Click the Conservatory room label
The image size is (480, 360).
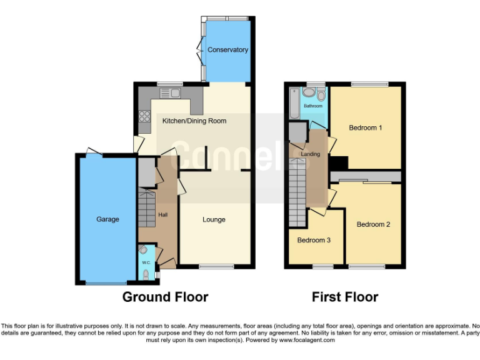click(227, 50)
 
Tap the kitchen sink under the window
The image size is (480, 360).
click(169, 93)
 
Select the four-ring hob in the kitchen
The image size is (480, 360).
click(145, 116)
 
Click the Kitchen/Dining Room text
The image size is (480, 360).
click(194, 121)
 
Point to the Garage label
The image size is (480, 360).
click(107, 219)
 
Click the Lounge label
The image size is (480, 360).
click(214, 219)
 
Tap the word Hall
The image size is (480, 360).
click(163, 215)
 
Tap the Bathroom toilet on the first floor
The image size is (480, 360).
click(321, 95)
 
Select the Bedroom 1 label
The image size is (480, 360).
click(365, 128)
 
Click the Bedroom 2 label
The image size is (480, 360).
click(373, 224)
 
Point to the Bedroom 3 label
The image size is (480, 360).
click(314, 240)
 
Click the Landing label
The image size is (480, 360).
click(311, 154)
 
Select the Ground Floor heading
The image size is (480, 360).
click(165, 297)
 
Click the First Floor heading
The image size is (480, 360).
click(345, 297)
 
